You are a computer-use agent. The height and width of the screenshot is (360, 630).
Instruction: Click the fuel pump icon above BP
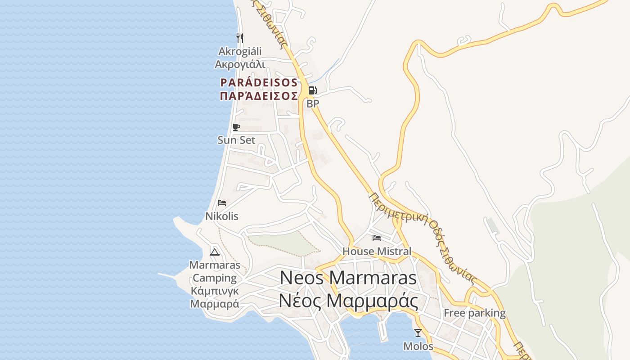point(312,90)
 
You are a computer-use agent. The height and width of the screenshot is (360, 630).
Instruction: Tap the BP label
point(313,103)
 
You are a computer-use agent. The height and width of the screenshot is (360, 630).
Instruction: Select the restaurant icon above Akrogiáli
point(240,38)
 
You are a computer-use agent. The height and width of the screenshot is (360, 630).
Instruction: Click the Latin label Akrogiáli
point(240,51)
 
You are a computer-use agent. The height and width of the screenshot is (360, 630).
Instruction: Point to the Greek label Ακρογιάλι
point(240,64)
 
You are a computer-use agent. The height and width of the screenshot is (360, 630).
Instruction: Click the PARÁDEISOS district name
point(259,83)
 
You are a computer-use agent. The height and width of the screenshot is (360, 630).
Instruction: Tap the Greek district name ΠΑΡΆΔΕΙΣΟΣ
point(259,96)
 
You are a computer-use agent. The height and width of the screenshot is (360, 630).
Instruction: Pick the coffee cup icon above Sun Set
point(236,127)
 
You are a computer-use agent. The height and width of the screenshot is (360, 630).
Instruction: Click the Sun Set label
point(236,140)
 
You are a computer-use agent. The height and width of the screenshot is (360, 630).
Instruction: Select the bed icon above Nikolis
point(221,203)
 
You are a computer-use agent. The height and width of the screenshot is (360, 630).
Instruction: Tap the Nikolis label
point(222,216)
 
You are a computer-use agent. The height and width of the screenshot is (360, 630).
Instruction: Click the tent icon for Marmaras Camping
point(215,252)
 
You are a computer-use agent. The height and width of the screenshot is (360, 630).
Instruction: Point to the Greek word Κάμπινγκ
point(215,291)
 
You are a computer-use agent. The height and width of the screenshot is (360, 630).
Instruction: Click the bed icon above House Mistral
point(377,238)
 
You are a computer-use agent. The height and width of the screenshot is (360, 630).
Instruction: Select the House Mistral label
point(377,251)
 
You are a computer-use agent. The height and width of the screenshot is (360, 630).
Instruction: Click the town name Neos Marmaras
point(348,278)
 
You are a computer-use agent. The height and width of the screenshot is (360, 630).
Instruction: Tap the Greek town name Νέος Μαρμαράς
point(348,301)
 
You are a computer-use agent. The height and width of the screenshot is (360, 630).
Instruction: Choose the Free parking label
point(475,313)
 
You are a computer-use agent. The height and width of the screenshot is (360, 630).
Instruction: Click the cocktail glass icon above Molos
point(418,333)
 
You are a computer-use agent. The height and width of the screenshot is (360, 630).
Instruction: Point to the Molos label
point(418,346)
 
